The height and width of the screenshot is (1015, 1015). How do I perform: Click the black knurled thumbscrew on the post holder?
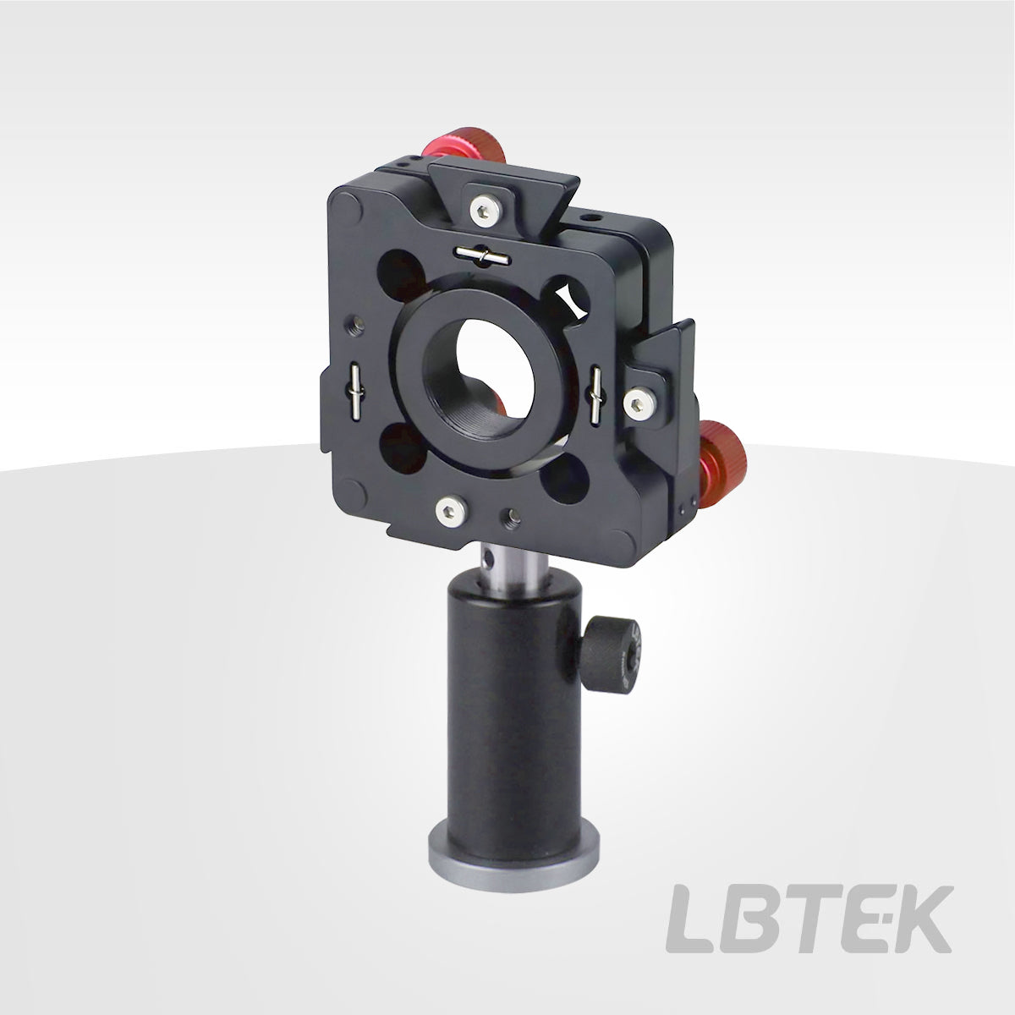coord(612,654)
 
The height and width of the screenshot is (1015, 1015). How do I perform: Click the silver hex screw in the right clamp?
coord(640,403)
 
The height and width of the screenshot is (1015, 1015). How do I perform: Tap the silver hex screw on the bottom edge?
coord(452,511)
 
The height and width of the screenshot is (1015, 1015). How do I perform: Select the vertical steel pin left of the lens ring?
coord(355,392)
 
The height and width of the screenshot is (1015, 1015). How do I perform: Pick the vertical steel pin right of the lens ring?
coord(596,396)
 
